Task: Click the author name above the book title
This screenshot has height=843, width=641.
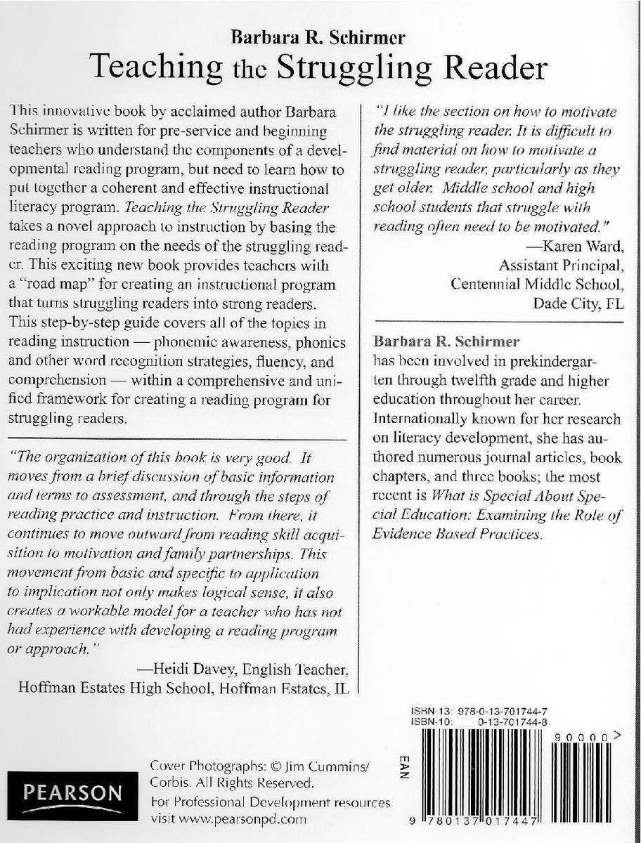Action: coord(320,37)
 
